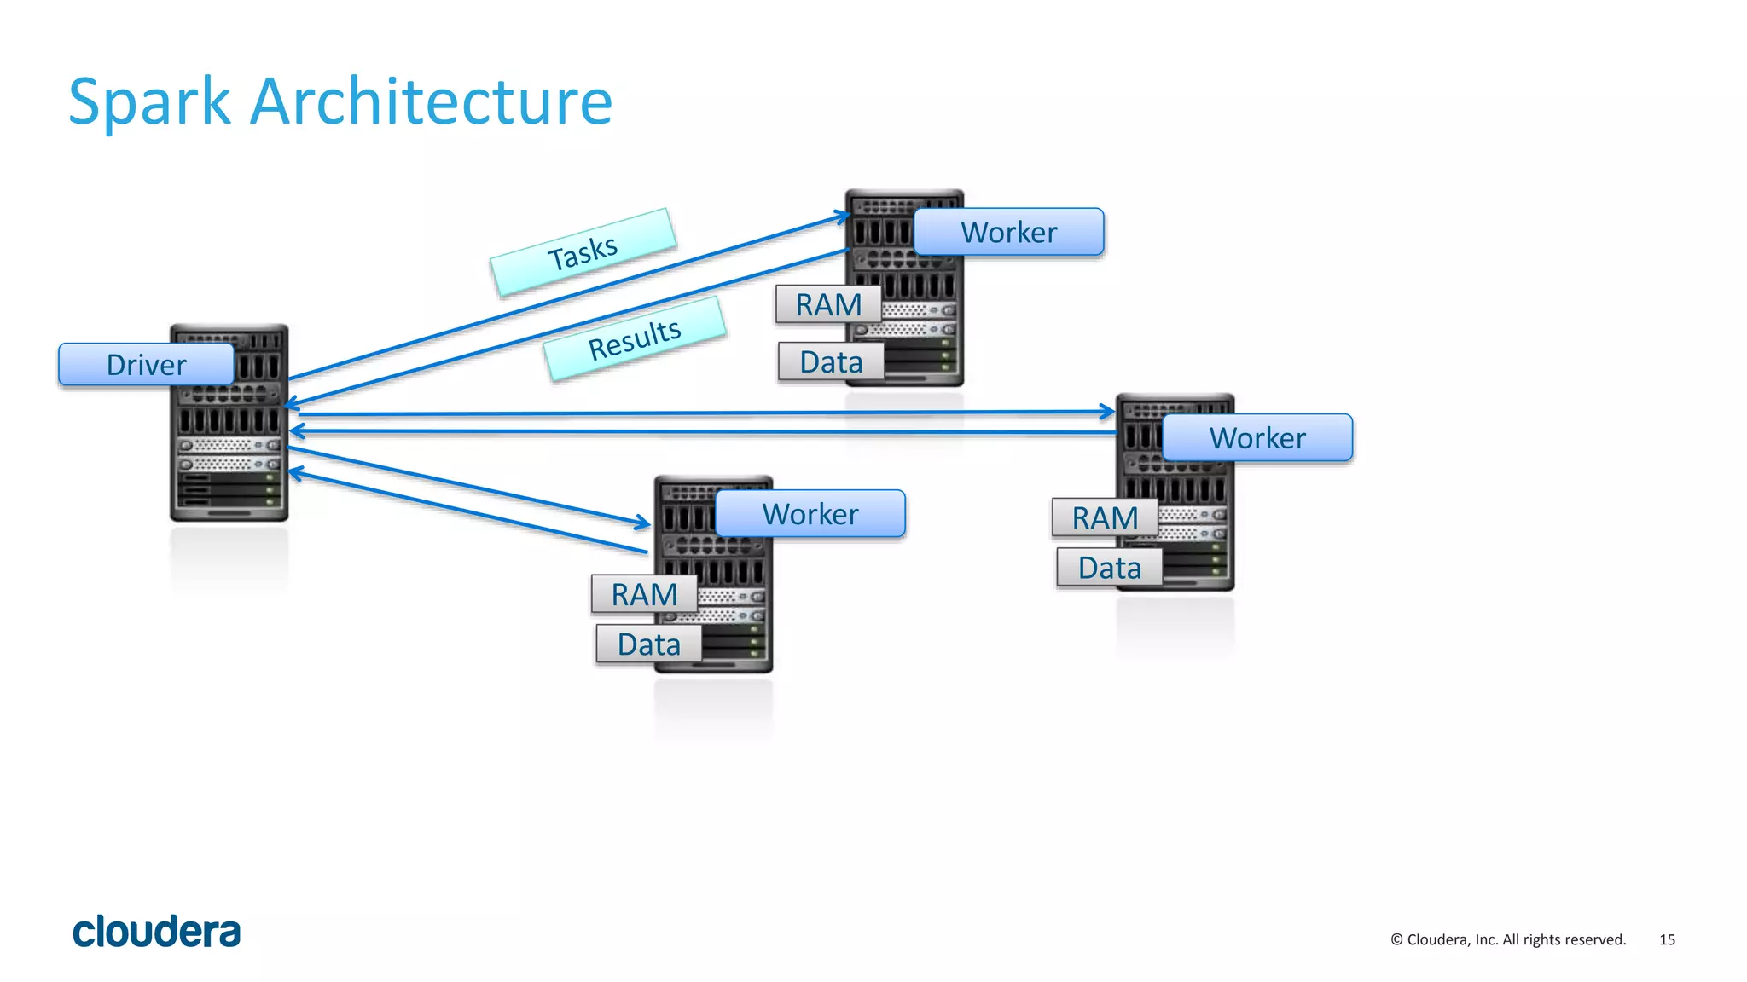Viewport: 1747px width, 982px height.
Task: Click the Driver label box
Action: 146,365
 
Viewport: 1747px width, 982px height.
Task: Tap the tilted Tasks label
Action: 583,252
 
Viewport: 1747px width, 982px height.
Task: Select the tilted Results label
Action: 635,338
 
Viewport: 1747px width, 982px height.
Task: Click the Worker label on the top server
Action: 1008,232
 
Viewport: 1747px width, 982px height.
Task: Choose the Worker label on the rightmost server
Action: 1257,438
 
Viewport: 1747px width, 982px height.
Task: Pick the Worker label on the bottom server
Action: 810,514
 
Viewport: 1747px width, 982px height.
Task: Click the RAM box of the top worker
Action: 827,305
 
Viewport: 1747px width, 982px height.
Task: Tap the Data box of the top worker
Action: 831,362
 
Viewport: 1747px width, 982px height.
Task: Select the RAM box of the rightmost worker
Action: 1105,517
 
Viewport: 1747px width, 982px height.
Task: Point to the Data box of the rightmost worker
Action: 1109,568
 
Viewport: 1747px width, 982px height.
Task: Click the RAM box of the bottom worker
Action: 644,594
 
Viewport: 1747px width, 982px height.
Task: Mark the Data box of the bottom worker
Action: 648,644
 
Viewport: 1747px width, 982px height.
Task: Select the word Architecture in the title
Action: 431,102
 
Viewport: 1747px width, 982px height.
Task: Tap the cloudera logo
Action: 157,932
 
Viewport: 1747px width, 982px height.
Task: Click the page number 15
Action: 1667,939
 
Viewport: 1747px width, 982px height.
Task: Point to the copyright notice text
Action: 1508,939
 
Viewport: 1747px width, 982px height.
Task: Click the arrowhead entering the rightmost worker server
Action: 1108,412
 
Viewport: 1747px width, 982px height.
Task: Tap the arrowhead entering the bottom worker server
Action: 643,522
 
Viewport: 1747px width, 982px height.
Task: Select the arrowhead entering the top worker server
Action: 843,217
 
